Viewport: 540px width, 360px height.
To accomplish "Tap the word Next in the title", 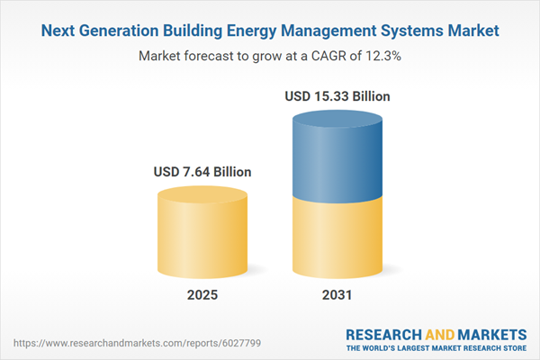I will click(61, 31).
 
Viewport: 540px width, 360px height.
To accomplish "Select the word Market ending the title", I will click(471, 31).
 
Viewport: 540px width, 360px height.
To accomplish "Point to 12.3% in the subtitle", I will click(382, 56).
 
